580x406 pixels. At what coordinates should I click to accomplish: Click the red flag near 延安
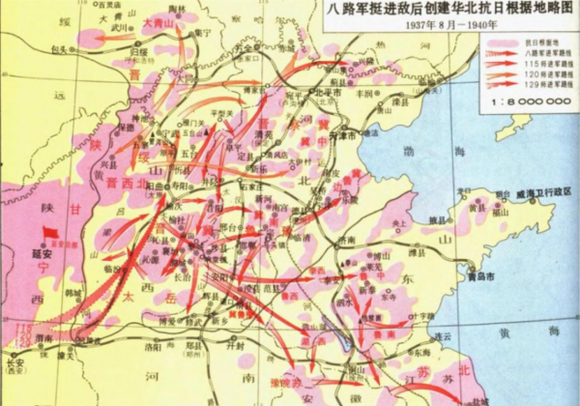tap(49, 233)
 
